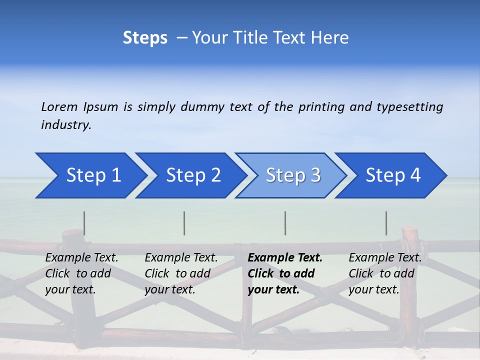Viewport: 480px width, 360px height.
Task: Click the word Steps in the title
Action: tap(145, 38)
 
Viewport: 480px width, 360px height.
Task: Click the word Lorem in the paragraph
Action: tap(59, 107)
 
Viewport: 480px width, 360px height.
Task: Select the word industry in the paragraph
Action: tap(65, 125)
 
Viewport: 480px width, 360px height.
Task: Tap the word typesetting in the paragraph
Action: tap(409, 107)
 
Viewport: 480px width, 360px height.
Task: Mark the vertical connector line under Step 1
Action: tap(84, 223)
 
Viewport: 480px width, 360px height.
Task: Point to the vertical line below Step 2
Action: tap(184, 223)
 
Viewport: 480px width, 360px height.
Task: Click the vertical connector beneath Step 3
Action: tap(285, 223)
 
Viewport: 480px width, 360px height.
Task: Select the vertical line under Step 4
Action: tap(386, 223)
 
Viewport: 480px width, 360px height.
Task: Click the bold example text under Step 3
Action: tap(284, 273)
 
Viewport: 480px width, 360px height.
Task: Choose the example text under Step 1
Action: tap(81, 273)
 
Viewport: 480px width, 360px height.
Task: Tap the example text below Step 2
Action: tap(180, 273)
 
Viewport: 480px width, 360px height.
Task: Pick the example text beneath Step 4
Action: tap(384, 273)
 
